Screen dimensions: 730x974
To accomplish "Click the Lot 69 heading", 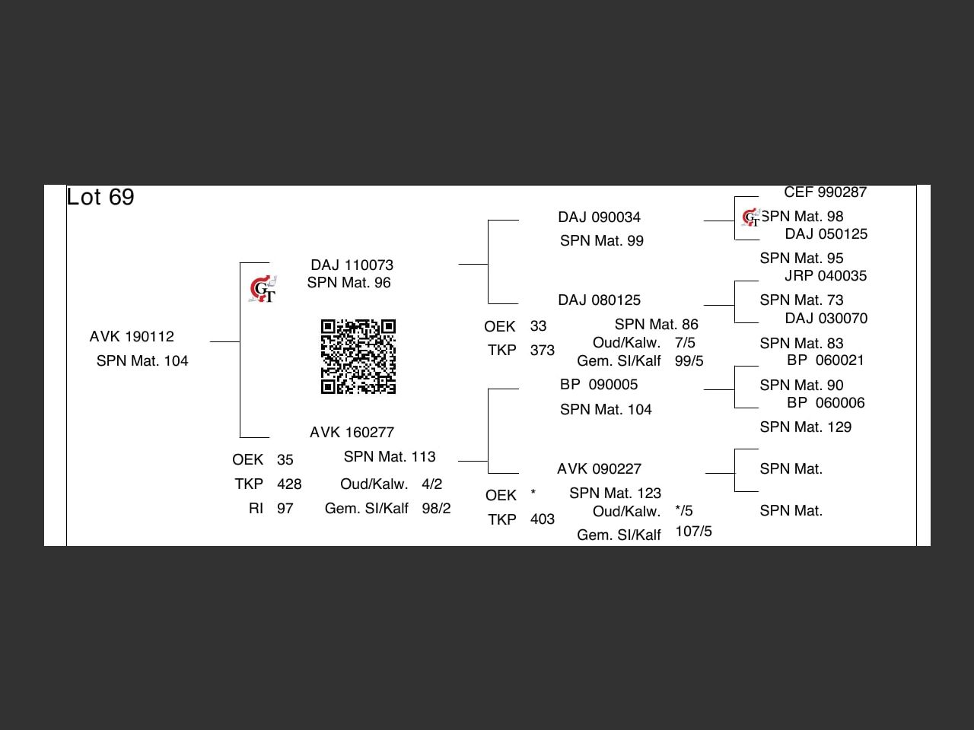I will click(x=100, y=197).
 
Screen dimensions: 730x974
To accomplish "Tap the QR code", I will click(x=358, y=357).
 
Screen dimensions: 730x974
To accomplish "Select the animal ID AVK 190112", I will click(x=132, y=337).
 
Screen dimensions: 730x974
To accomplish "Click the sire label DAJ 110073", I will click(x=352, y=265).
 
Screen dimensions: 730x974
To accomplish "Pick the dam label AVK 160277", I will click(x=352, y=433).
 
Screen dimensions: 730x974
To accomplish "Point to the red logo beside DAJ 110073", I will click(x=263, y=290).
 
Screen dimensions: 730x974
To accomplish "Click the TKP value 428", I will click(x=289, y=484).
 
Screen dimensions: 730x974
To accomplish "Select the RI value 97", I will click(x=285, y=509).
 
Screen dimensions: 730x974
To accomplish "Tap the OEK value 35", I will click(x=285, y=460).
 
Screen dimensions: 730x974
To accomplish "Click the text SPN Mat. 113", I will click(x=390, y=457).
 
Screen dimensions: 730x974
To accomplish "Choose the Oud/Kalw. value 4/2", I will click(x=431, y=484).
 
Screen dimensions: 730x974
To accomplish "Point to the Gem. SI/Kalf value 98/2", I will click(x=436, y=509).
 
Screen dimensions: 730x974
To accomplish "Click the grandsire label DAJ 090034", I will click(x=599, y=217).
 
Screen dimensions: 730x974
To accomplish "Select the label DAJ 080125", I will click(x=599, y=300).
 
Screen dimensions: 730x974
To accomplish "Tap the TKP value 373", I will click(x=542, y=351).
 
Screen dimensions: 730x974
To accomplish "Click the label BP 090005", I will click(x=599, y=385).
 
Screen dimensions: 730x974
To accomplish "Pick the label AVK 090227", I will click(x=599, y=469).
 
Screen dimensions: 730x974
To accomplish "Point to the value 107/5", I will click(x=693, y=532).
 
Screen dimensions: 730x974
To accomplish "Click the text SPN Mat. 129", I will click(x=805, y=427).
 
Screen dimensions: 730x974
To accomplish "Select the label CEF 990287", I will click(x=825, y=192).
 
